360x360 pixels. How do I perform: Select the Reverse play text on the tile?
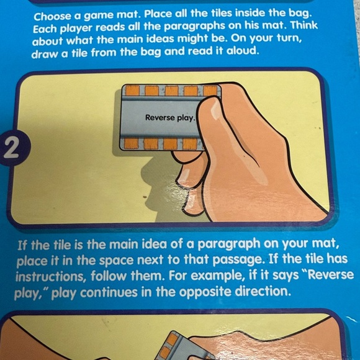170,117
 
